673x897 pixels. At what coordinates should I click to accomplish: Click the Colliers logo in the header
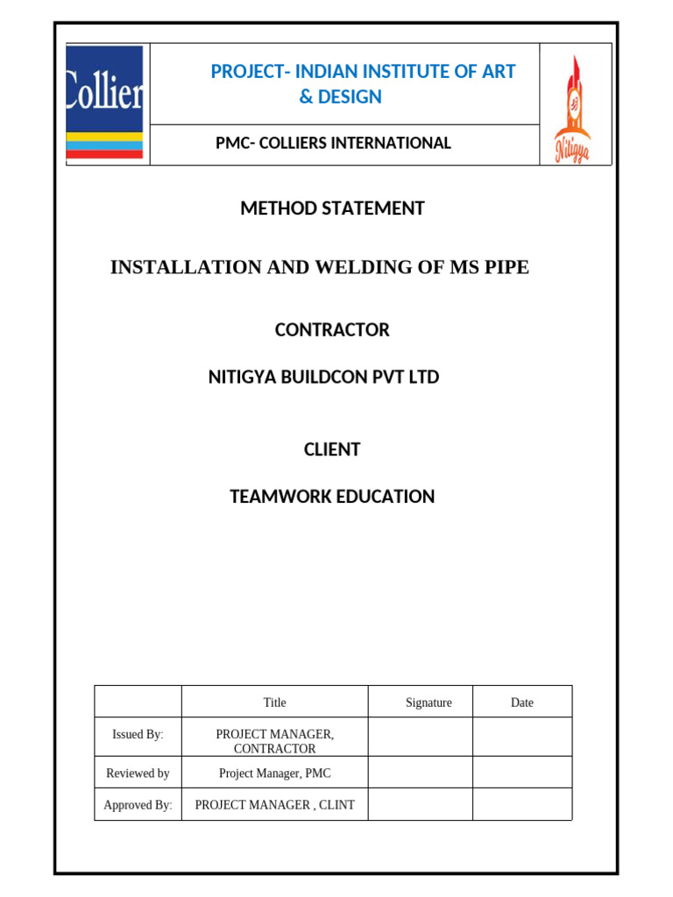pos(105,102)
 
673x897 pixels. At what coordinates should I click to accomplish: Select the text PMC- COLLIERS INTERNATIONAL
pos(333,143)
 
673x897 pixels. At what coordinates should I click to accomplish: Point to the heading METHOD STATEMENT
pos(332,208)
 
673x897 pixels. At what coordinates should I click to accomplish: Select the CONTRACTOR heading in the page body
pos(332,330)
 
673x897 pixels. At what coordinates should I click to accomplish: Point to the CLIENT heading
pos(332,450)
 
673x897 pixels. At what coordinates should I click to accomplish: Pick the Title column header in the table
pos(274,703)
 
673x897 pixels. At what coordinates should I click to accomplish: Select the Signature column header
pos(429,703)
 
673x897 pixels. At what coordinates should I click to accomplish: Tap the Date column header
pos(521,703)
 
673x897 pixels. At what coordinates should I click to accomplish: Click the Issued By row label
pos(138,735)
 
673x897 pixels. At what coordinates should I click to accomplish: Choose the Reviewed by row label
pos(138,773)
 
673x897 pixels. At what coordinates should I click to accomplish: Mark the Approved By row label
pos(138,805)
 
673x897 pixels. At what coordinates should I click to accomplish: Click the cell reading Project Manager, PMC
pos(274,773)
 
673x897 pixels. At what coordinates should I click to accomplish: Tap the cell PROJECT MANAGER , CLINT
pos(274,805)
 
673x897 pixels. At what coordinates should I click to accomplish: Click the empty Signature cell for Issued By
pos(421,737)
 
